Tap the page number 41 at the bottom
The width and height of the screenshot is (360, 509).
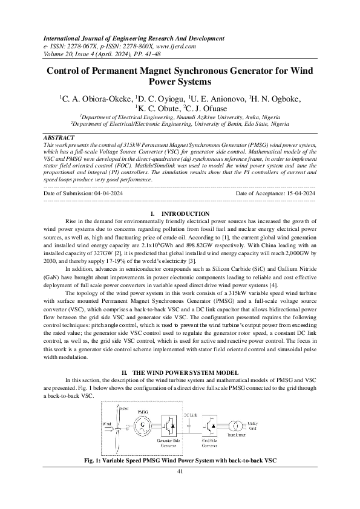point(180,471)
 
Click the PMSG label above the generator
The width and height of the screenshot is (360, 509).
point(143,410)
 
